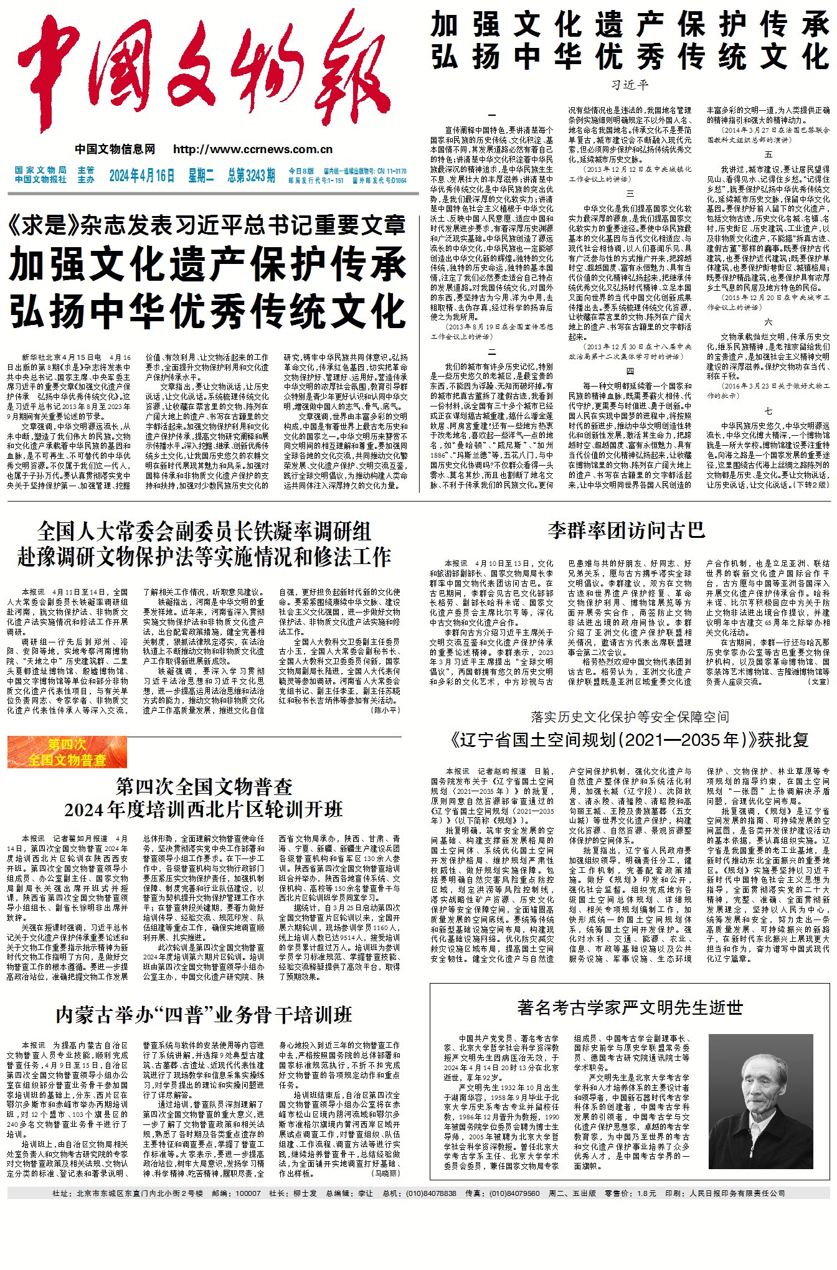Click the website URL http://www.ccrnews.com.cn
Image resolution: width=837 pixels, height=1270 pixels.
point(252,149)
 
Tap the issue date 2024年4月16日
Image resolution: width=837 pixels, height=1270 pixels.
point(142,176)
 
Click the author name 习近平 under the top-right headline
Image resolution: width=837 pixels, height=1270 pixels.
point(630,85)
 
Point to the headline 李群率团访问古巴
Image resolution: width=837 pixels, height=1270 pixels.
point(627,530)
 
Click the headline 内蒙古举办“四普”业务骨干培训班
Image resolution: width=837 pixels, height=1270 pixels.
point(204,1015)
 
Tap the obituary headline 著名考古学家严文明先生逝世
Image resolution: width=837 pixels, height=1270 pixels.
point(630,1007)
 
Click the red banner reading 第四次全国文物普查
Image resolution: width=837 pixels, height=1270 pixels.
point(67,752)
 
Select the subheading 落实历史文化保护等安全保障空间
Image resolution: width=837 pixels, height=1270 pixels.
point(630,717)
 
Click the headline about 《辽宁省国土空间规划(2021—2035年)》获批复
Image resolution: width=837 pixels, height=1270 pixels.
point(630,740)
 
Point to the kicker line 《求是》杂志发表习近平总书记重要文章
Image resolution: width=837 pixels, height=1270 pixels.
point(207,225)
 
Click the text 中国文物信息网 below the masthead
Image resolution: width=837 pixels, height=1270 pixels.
point(115,149)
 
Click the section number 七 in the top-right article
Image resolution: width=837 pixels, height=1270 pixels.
point(768,411)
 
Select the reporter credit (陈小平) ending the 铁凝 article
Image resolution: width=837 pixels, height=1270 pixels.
point(385,710)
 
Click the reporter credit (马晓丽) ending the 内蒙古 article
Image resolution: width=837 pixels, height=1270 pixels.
point(386,1173)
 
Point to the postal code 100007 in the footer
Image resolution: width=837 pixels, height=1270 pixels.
point(248,1193)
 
